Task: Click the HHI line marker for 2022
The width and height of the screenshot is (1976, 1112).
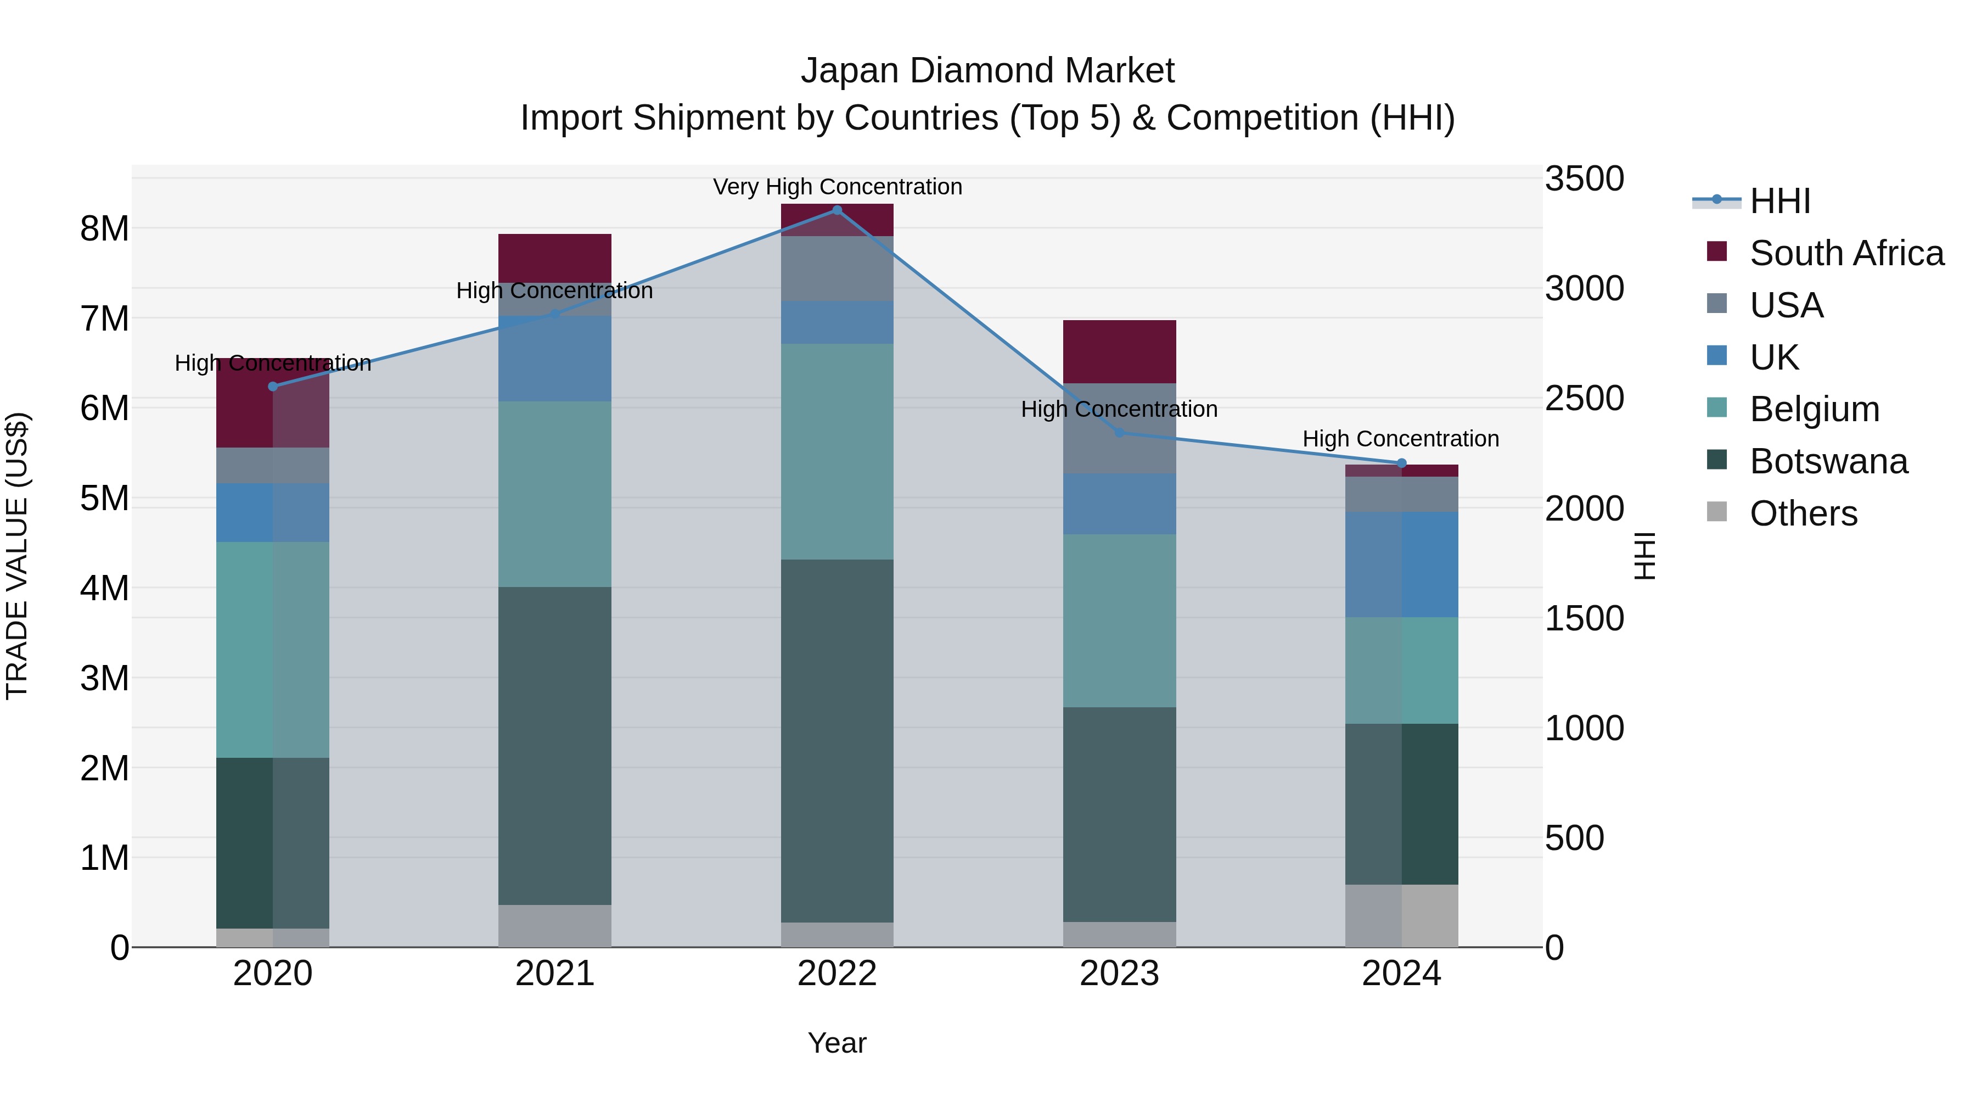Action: [837, 210]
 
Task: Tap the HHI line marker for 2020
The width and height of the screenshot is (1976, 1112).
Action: [273, 386]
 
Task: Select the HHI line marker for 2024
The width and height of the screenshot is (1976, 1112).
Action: [1401, 463]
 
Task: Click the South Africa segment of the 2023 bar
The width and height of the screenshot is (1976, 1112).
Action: [1119, 351]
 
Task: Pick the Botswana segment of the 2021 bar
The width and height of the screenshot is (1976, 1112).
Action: [554, 745]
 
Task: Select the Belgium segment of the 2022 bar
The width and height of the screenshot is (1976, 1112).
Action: [837, 451]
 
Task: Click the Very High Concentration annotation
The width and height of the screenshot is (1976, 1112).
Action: [837, 187]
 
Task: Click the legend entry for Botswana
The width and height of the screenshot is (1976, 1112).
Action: [1828, 461]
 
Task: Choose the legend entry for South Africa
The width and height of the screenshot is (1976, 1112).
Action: [1845, 253]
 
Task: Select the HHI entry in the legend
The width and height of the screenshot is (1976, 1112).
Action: [1779, 201]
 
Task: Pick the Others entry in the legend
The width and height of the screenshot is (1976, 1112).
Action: [1803, 513]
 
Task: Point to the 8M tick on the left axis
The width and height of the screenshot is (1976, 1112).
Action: [104, 228]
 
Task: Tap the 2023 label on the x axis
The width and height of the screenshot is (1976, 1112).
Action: [1119, 974]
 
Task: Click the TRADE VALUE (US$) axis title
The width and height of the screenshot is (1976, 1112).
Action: [17, 556]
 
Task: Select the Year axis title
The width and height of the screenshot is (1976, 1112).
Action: [837, 1043]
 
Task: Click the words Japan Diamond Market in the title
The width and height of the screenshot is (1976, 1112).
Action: [987, 71]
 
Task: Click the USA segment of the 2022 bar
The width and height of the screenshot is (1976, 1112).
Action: [837, 269]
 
